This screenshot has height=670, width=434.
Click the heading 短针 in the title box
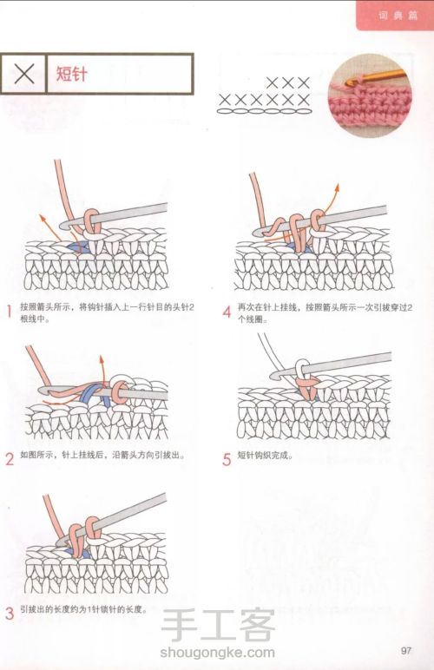click(x=72, y=74)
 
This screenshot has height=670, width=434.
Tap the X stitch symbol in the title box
click(x=24, y=74)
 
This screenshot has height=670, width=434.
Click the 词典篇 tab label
click(x=398, y=16)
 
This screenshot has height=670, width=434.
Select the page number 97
click(x=406, y=650)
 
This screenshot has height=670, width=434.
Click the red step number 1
click(x=9, y=312)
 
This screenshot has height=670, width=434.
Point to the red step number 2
click(x=10, y=459)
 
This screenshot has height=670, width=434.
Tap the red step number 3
click(x=10, y=614)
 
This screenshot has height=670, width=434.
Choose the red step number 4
click(x=227, y=312)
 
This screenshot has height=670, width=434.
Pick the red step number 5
click(x=227, y=459)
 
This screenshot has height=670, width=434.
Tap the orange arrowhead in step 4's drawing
click(x=337, y=187)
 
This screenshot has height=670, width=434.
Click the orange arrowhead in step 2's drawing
click(x=102, y=359)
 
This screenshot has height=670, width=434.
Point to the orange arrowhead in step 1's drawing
click(x=43, y=218)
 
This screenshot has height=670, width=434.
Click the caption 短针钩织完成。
click(x=265, y=456)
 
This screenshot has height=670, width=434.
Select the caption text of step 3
click(x=83, y=609)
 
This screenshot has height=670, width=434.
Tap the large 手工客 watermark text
click(x=218, y=625)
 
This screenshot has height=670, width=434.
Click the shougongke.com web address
click(x=217, y=652)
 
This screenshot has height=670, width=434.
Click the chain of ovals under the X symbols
click(x=265, y=111)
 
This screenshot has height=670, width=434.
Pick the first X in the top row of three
click(x=272, y=83)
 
